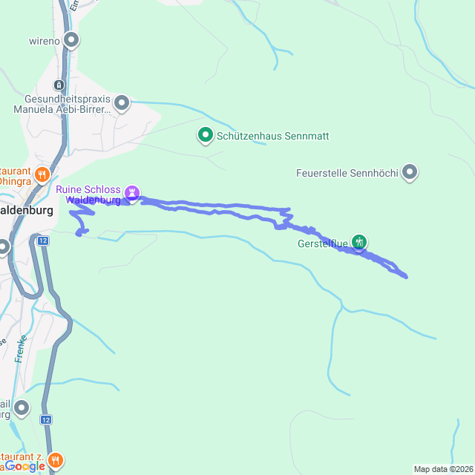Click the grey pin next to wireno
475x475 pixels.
pyautogui.click(x=71, y=39)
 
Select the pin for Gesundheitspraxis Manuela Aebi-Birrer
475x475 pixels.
pyautogui.click(x=122, y=102)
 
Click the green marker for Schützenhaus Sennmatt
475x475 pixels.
pyautogui.click(x=205, y=135)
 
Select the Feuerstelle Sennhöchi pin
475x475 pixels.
pyautogui.click(x=410, y=172)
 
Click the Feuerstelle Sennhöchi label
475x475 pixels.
pyautogui.click(x=347, y=174)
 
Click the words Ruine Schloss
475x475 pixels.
pyautogui.click(x=89, y=189)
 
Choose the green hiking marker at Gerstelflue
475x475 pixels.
pyautogui.click(x=359, y=241)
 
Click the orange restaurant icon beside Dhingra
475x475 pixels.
pyautogui.click(x=42, y=175)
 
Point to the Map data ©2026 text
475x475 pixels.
pyautogui.click(x=443, y=469)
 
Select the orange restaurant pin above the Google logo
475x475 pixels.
pyautogui.click(x=56, y=461)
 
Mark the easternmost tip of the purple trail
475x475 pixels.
pyautogui.click(x=407, y=277)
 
